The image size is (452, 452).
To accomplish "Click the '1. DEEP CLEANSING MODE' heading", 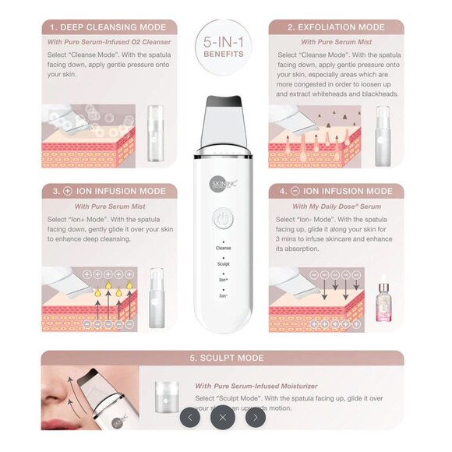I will (x=108, y=26).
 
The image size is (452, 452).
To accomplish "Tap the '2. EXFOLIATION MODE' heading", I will (x=336, y=26).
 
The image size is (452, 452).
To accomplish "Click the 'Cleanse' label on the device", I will (x=224, y=248).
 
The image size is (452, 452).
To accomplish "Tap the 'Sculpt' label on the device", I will (x=224, y=264).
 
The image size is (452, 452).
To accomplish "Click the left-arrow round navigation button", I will (x=190, y=417).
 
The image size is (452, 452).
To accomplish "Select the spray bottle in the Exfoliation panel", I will (x=383, y=132).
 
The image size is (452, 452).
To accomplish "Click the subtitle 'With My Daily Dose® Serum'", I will (x=336, y=207).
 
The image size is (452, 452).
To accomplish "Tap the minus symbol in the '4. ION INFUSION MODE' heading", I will (x=295, y=191).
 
